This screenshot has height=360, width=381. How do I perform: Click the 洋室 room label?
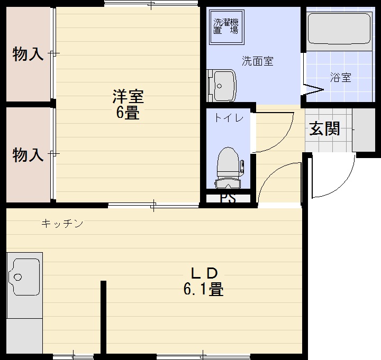[128, 97]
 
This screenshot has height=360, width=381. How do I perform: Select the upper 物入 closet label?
[28, 54]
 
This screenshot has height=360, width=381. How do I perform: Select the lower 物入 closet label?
[28, 155]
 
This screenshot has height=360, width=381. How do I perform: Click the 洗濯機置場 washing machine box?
[225, 26]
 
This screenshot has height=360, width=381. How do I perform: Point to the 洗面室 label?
[258, 61]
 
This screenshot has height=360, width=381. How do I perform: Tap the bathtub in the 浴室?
[339, 29]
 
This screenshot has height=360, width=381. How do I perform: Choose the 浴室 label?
[340, 78]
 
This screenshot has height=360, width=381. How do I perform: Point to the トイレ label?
[229, 118]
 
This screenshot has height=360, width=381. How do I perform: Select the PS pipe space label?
[228, 199]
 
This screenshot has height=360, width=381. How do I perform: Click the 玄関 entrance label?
[324, 128]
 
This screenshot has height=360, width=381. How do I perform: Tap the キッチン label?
[62, 224]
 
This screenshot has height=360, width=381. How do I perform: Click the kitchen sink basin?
[24, 276]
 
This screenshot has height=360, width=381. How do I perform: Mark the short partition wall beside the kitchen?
[104, 317]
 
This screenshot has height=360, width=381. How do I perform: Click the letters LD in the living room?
[204, 273]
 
